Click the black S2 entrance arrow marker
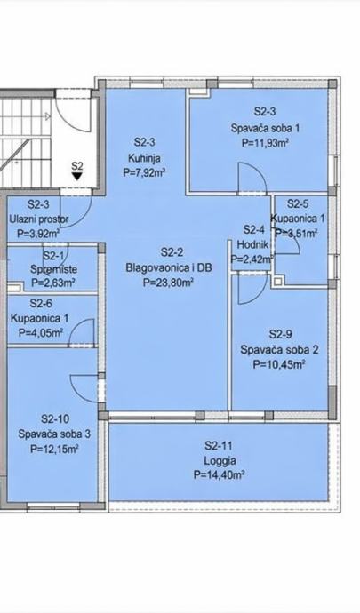coord(77,176)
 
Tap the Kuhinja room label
coord(144,158)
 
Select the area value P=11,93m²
coord(265,143)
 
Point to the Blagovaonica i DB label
coord(169,267)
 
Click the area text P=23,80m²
coord(169,283)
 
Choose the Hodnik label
coord(253,244)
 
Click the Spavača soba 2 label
coord(279,349)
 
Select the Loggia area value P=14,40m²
coord(220,475)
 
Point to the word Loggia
coord(220,460)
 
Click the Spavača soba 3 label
coord(55,434)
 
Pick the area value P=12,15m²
coord(54,449)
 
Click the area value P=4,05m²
coord(42,332)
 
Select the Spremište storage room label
coord(54,269)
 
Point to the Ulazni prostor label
coord(38,219)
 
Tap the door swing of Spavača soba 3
coord(84,388)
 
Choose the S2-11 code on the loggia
coord(220,445)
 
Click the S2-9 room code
coord(281,335)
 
